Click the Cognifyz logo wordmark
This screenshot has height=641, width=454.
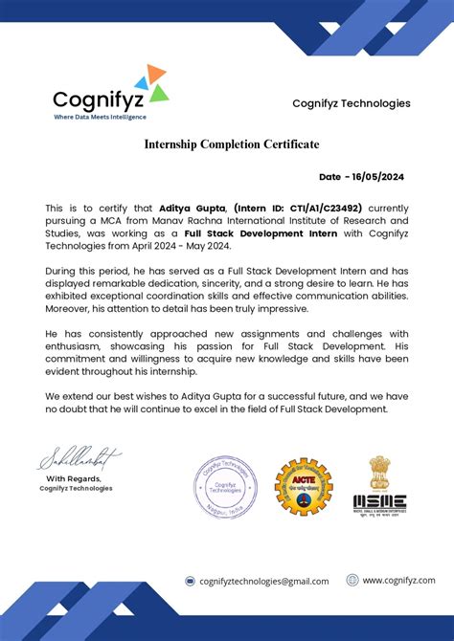pyautogui.click(x=100, y=99)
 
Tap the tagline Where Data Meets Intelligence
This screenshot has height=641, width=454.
pyautogui.click(x=100, y=118)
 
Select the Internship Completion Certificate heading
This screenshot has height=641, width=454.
pyautogui.click(x=232, y=144)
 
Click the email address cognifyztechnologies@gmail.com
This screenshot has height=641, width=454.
pyautogui.click(x=263, y=581)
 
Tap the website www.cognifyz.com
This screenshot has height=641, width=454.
pyautogui.click(x=397, y=580)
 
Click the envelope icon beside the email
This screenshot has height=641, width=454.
pyautogui.click(x=190, y=581)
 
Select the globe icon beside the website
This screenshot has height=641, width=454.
pyautogui.click(x=352, y=580)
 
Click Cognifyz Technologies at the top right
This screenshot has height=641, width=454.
pyautogui.click(x=351, y=103)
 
